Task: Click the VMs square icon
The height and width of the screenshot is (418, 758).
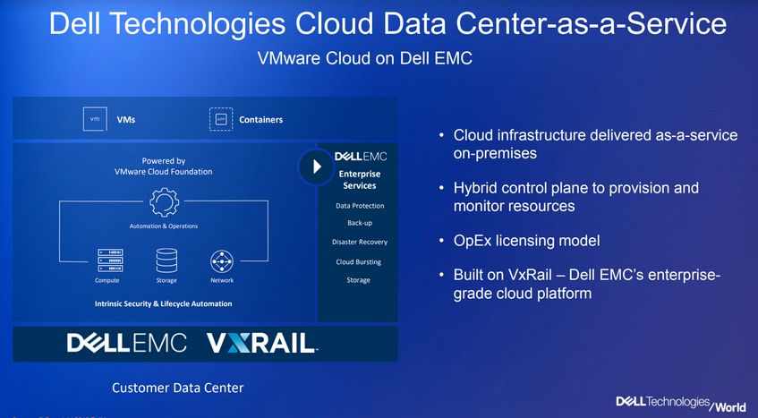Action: click(95, 119)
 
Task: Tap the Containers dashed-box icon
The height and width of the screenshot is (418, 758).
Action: click(221, 119)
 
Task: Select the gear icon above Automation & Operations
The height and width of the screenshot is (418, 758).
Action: click(164, 202)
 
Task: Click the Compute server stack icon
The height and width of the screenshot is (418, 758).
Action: click(110, 260)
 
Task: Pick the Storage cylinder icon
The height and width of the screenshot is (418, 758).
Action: click(166, 260)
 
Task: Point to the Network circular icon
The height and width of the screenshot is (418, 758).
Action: click(222, 261)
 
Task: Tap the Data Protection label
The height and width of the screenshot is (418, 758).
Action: click(360, 205)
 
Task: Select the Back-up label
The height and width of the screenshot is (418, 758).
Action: click(360, 223)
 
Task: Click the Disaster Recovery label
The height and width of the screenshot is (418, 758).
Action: click(360, 242)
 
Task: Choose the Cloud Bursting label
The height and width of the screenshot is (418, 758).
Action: click(359, 262)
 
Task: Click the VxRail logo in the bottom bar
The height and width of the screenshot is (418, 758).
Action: click(262, 343)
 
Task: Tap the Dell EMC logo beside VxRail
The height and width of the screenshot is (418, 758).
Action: click(127, 343)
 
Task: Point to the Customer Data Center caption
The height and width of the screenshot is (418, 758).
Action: click(178, 388)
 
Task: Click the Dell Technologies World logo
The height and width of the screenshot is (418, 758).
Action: click(681, 403)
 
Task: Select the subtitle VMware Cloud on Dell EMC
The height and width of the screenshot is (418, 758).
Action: click(365, 58)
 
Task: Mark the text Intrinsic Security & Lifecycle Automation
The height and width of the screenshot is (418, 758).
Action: click(164, 304)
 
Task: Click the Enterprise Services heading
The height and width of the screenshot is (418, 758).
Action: click(360, 180)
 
